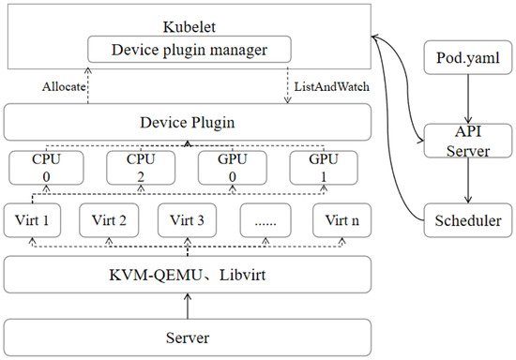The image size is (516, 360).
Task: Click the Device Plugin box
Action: tap(187, 123)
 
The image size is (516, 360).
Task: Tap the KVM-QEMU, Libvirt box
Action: tap(187, 275)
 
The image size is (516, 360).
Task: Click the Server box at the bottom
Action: tap(187, 335)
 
